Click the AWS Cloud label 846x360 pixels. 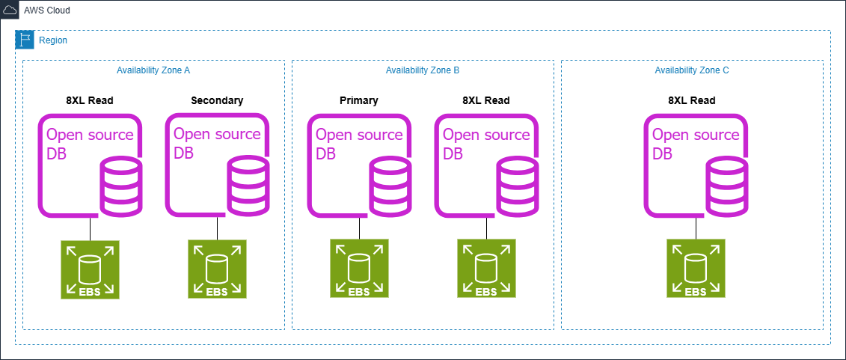pyautogui.click(x=46, y=10)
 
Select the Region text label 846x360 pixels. pyautogui.click(x=52, y=40)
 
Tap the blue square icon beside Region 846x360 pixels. pyautogui.click(x=25, y=40)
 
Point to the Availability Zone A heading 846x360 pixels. pyautogui.click(x=153, y=70)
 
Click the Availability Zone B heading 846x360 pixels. pyautogui.click(x=423, y=70)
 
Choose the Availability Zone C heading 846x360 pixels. pyautogui.click(x=692, y=70)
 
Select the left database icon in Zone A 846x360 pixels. pyautogui.click(x=91, y=165)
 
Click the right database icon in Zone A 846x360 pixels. pyautogui.click(x=217, y=165)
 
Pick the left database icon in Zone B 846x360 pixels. pyautogui.click(x=359, y=165)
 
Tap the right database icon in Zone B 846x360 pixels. pyautogui.click(x=486, y=165)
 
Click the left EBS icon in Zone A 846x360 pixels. pyautogui.click(x=90, y=269)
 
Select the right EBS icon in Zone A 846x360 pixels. pyautogui.click(x=217, y=269)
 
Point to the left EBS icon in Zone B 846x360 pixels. pyautogui.click(x=359, y=269)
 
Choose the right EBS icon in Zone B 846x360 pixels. pyautogui.click(x=486, y=269)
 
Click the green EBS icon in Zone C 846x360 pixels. pyautogui.click(x=696, y=269)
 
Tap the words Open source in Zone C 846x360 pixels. pyautogui.click(x=696, y=135)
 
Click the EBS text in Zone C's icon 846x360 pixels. pyautogui.click(x=696, y=292)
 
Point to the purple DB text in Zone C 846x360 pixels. pyautogui.click(x=663, y=154)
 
